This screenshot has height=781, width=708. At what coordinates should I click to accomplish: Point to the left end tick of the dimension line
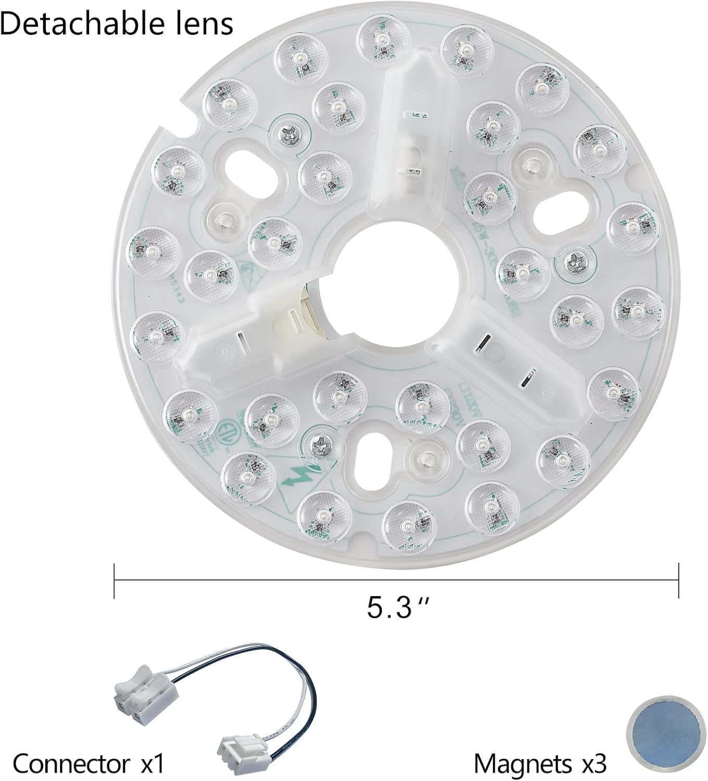114,580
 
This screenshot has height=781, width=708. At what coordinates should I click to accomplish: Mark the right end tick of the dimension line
678,580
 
